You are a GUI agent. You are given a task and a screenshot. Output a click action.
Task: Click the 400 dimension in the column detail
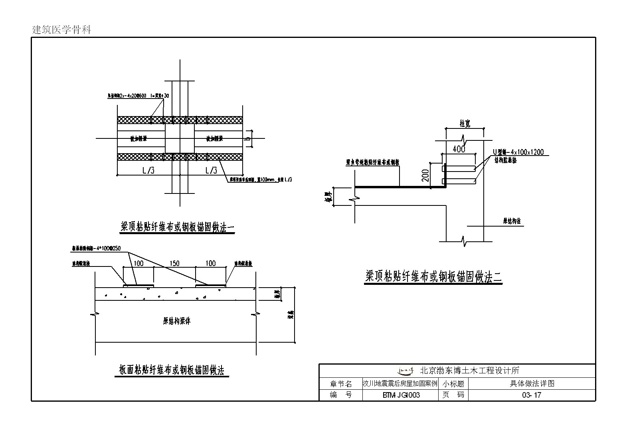click(x=459, y=149)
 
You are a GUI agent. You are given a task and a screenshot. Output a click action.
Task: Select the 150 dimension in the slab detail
click(x=174, y=263)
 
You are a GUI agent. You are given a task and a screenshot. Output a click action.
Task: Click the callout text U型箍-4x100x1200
click(x=518, y=152)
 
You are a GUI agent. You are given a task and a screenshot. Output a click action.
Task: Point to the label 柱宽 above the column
click(x=465, y=124)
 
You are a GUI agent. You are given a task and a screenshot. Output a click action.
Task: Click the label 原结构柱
click(x=512, y=221)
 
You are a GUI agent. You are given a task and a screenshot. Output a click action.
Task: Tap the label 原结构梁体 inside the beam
click(x=177, y=321)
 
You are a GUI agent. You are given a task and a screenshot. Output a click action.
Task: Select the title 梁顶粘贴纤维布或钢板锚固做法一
click(x=178, y=227)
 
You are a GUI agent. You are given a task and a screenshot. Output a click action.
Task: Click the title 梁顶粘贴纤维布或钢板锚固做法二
click(x=433, y=276)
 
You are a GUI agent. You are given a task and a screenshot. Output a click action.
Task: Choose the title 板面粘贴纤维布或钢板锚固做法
click(x=172, y=370)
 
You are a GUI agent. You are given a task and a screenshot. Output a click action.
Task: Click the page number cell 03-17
click(x=532, y=395)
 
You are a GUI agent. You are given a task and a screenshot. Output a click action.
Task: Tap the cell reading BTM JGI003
click(x=401, y=395)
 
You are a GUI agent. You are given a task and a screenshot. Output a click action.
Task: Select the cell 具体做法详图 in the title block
click(x=532, y=384)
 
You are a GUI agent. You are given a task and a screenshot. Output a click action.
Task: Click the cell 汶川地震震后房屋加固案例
click(x=400, y=384)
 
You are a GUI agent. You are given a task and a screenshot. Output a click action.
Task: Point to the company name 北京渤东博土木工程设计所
click(x=470, y=371)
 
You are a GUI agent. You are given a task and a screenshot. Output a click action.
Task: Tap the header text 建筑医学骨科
click(x=61, y=30)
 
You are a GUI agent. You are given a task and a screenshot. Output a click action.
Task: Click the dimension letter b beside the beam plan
click(x=248, y=139)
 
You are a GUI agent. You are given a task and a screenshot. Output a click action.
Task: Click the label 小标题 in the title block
click(x=453, y=384)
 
